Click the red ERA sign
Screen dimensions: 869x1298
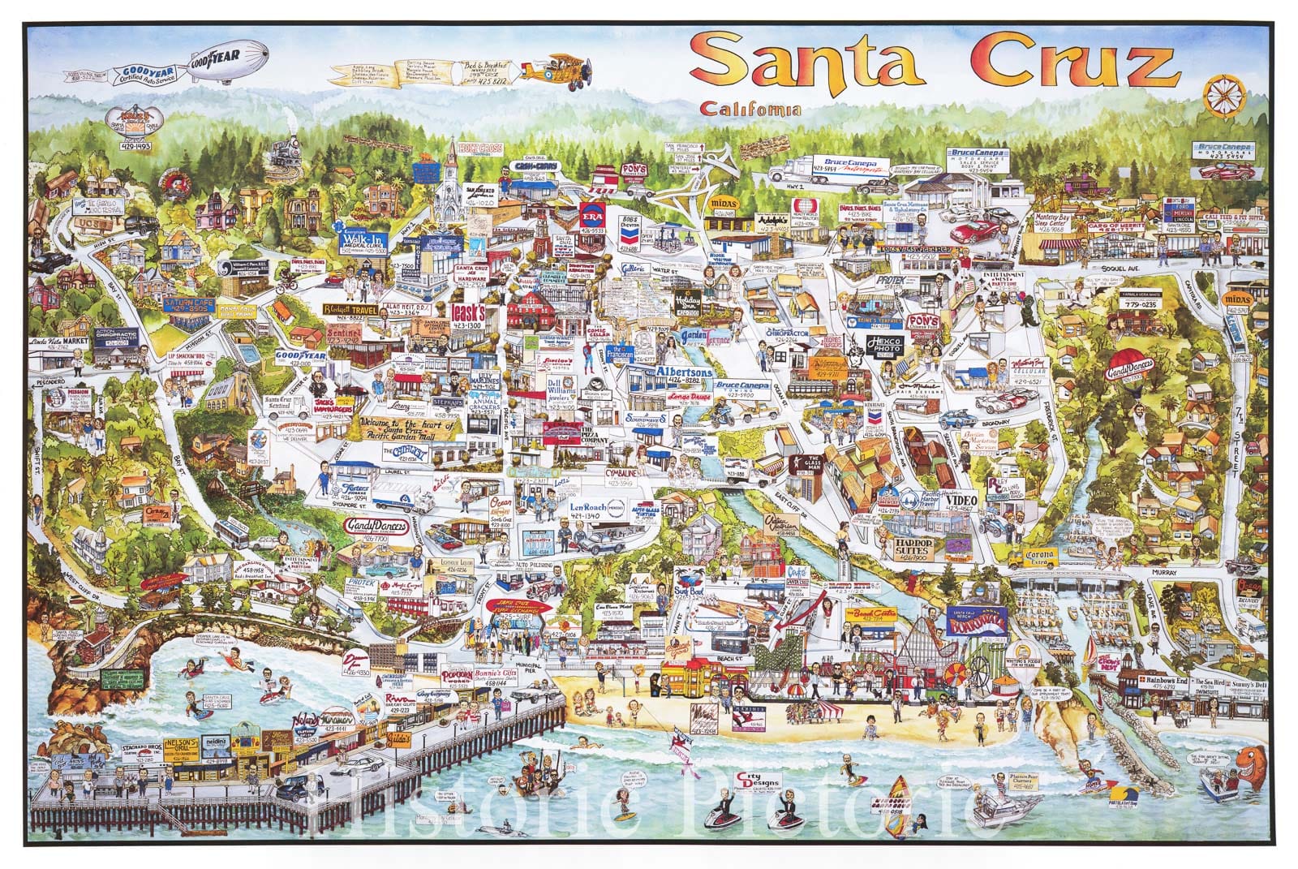pos(594,217)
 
